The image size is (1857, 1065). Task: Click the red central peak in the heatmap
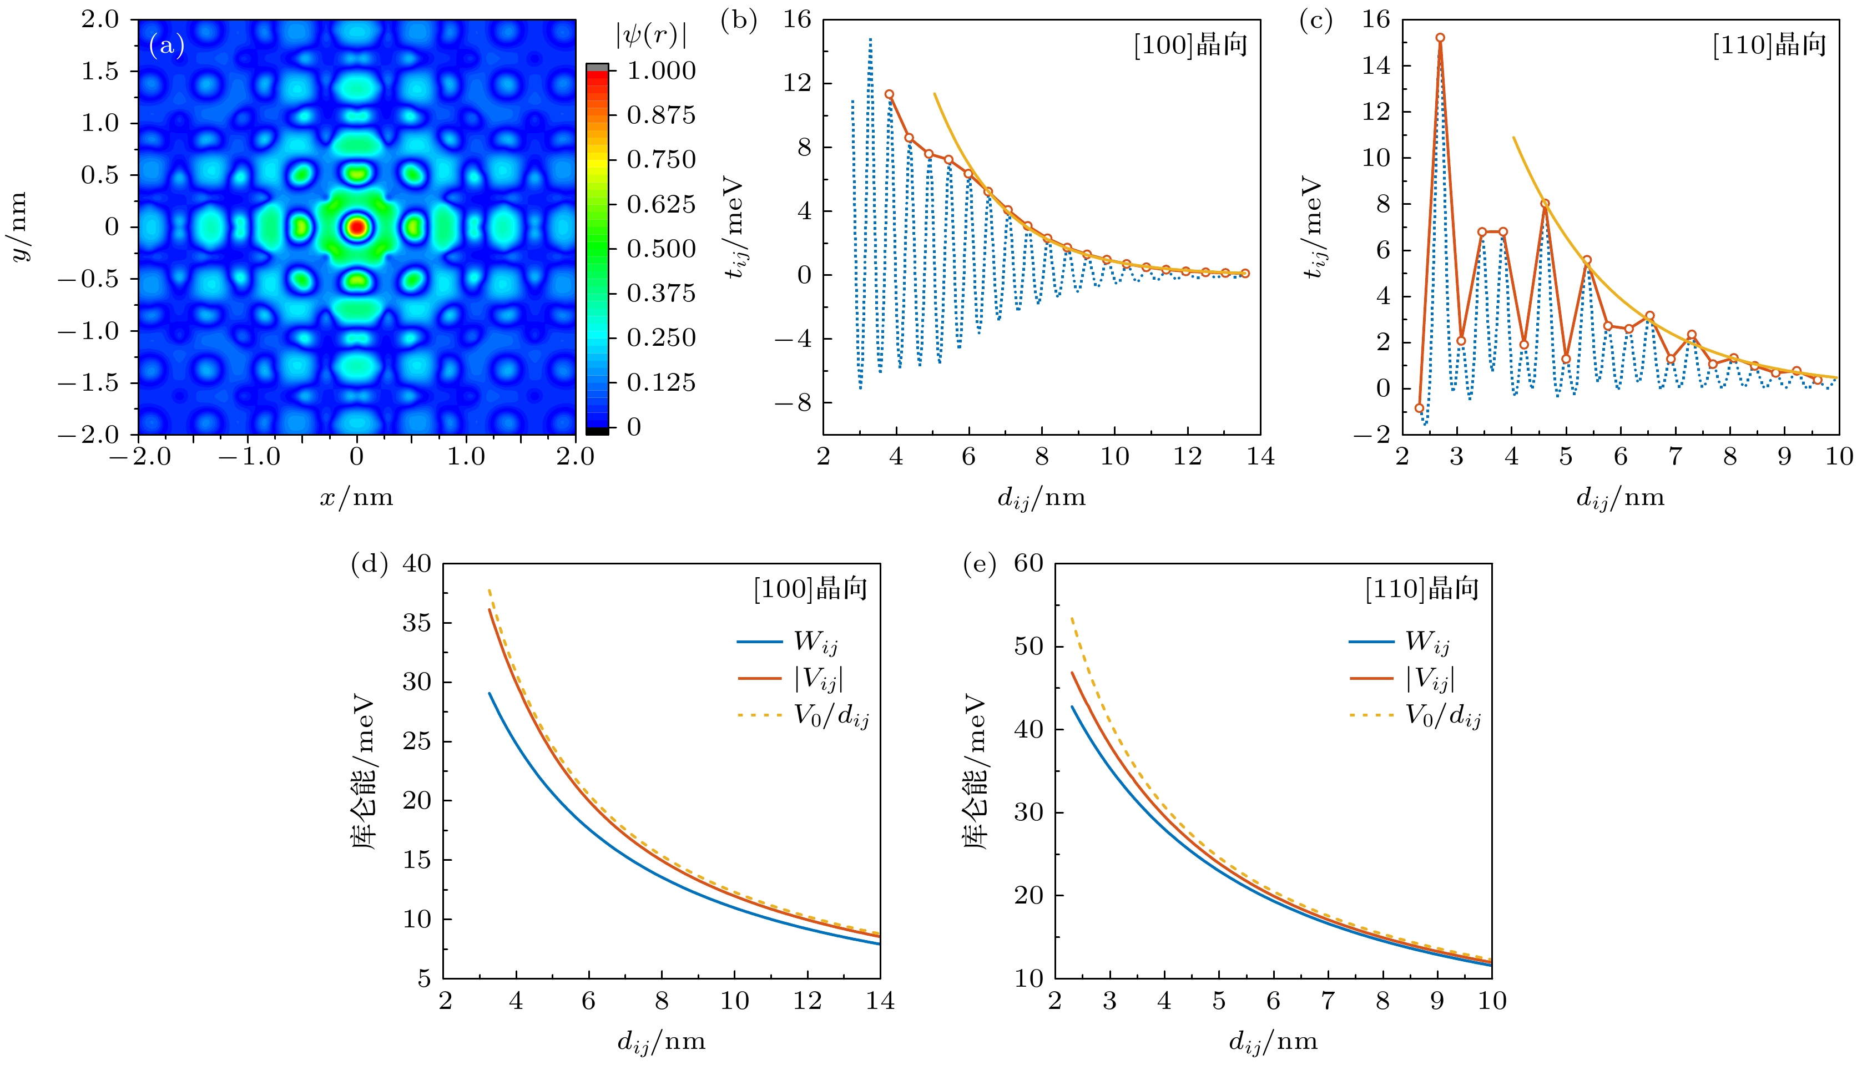tap(357, 227)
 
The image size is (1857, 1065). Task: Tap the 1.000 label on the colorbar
tap(661, 71)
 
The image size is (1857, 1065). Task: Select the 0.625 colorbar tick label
tap(661, 204)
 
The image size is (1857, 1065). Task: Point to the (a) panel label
tap(166, 46)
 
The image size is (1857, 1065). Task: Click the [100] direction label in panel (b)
tap(1190, 46)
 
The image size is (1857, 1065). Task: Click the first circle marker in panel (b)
tap(889, 94)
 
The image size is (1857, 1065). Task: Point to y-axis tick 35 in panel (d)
tap(417, 623)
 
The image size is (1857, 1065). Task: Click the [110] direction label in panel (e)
tap(1422, 589)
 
